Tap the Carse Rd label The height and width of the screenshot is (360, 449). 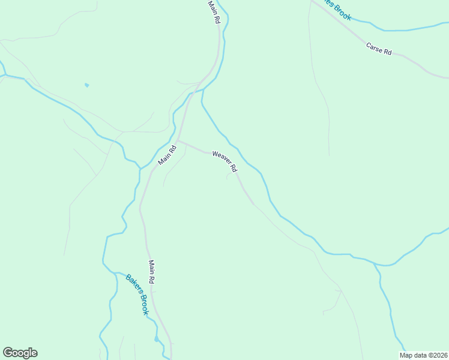click(379, 49)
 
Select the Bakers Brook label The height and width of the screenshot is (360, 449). click(136, 295)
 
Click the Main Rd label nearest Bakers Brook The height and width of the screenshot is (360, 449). click(152, 272)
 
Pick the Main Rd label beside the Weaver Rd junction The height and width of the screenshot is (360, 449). click(167, 155)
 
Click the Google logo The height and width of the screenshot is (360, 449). click(20, 353)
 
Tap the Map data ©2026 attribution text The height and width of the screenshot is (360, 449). click(424, 355)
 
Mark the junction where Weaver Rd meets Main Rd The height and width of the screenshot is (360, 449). click(178, 142)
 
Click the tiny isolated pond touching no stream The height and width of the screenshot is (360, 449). click(86, 85)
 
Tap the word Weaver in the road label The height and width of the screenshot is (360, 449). click(221, 158)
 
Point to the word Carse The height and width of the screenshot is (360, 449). click(375, 47)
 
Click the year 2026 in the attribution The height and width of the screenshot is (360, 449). click(438, 355)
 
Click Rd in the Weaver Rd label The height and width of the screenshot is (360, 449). click(233, 169)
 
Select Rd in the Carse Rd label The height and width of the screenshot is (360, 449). click(387, 52)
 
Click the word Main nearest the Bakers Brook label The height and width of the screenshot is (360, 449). click(152, 267)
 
